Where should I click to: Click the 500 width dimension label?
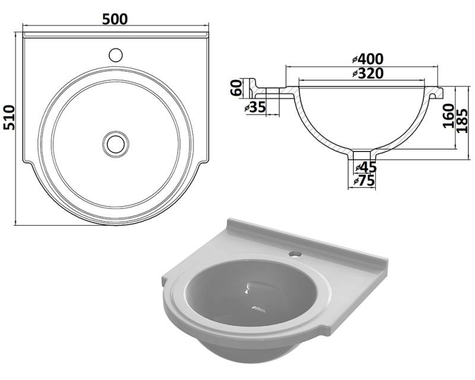click(115, 20)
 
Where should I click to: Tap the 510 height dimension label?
click(9, 118)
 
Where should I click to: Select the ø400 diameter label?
click(368, 59)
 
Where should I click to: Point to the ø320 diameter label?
click(368, 74)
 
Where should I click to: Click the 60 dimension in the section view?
click(236, 88)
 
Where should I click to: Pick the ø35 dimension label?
click(255, 107)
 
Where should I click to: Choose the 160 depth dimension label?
click(449, 116)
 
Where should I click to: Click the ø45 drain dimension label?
click(366, 167)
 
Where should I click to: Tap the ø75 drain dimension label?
click(365, 181)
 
